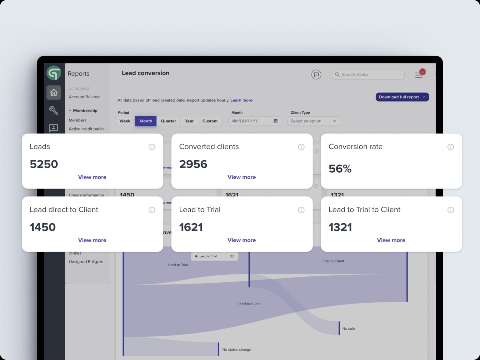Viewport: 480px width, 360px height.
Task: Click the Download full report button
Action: click(402, 97)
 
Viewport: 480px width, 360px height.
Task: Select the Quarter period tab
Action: click(168, 121)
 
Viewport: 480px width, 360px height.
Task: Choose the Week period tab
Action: click(125, 121)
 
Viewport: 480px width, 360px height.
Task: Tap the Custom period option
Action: click(210, 121)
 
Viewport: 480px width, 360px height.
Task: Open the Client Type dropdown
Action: click(313, 121)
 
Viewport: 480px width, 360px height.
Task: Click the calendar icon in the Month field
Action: click(275, 121)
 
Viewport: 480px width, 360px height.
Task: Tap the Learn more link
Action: click(241, 100)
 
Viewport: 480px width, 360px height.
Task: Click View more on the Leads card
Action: click(92, 177)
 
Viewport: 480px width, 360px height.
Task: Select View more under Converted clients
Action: click(242, 177)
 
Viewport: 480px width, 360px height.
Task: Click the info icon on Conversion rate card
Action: click(450, 147)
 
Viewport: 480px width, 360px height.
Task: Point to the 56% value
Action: click(340, 169)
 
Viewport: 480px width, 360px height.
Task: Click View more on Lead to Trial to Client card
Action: click(391, 240)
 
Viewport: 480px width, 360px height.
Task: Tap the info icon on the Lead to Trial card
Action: click(301, 210)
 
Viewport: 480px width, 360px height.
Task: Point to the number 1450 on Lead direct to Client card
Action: click(43, 227)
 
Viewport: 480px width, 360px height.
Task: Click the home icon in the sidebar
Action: click(54, 92)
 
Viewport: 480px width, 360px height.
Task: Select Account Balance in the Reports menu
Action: click(85, 97)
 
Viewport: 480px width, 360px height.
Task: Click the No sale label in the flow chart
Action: click(348, 328)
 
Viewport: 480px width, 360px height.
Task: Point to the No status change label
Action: click(237, 349)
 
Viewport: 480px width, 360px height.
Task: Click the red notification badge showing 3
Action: click(422, 72)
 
